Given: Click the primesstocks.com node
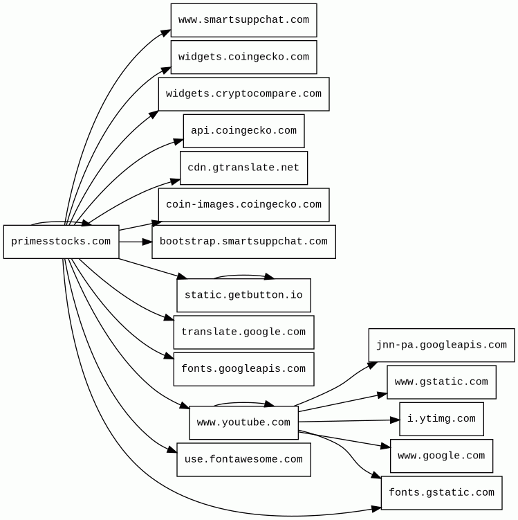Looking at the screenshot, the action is tap(62, 242).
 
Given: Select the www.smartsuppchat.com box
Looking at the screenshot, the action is tap(243, 20).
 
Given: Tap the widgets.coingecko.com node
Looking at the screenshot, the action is tap(243, 57).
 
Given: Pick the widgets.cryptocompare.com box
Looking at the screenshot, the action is tap(243, 94).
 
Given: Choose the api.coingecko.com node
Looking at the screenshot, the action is tap(243, 131).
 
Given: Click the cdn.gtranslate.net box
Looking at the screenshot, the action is tap(243, 168).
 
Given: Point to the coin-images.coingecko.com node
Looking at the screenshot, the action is tap(243, 205).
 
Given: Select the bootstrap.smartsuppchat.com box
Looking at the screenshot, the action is tap(243, 242).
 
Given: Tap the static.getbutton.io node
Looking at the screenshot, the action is tap(243, 295).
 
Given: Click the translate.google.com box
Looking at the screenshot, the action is tap(243, 332).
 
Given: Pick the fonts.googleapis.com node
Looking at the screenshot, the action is tap(243, 369).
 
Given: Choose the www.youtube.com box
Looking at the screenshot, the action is tap(243, 423).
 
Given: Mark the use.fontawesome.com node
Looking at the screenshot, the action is tap(243, 460).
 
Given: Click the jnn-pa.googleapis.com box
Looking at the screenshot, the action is tap(441, 346).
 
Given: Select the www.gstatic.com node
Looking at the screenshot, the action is tap(441, 382).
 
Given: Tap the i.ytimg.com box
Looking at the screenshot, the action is tap(441, 419).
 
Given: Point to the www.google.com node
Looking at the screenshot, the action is tap(441, 456).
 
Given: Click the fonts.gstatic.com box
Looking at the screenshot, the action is tap(441, 493).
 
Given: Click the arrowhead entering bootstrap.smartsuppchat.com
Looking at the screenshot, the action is tap(147, 242).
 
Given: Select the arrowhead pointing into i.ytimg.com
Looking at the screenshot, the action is tap(395, 420).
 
